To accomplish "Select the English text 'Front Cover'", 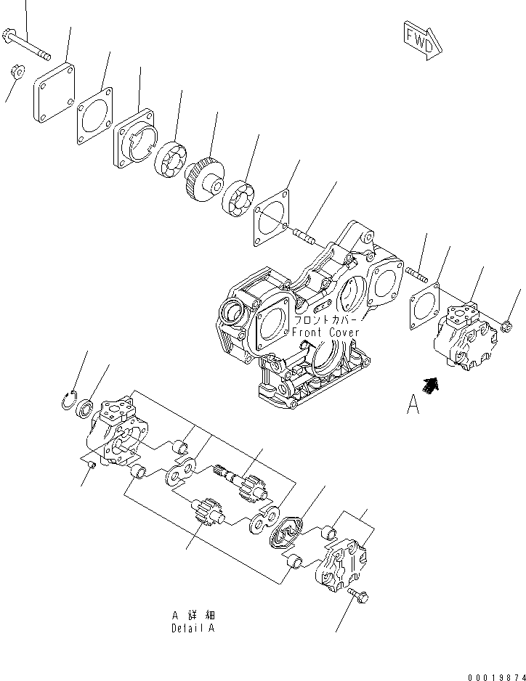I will (325, 333).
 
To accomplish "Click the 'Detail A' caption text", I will (193, 628).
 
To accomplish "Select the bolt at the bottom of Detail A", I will (359, 595).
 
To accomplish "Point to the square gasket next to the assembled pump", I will (424, 301).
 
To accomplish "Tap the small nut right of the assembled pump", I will (508, 328).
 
